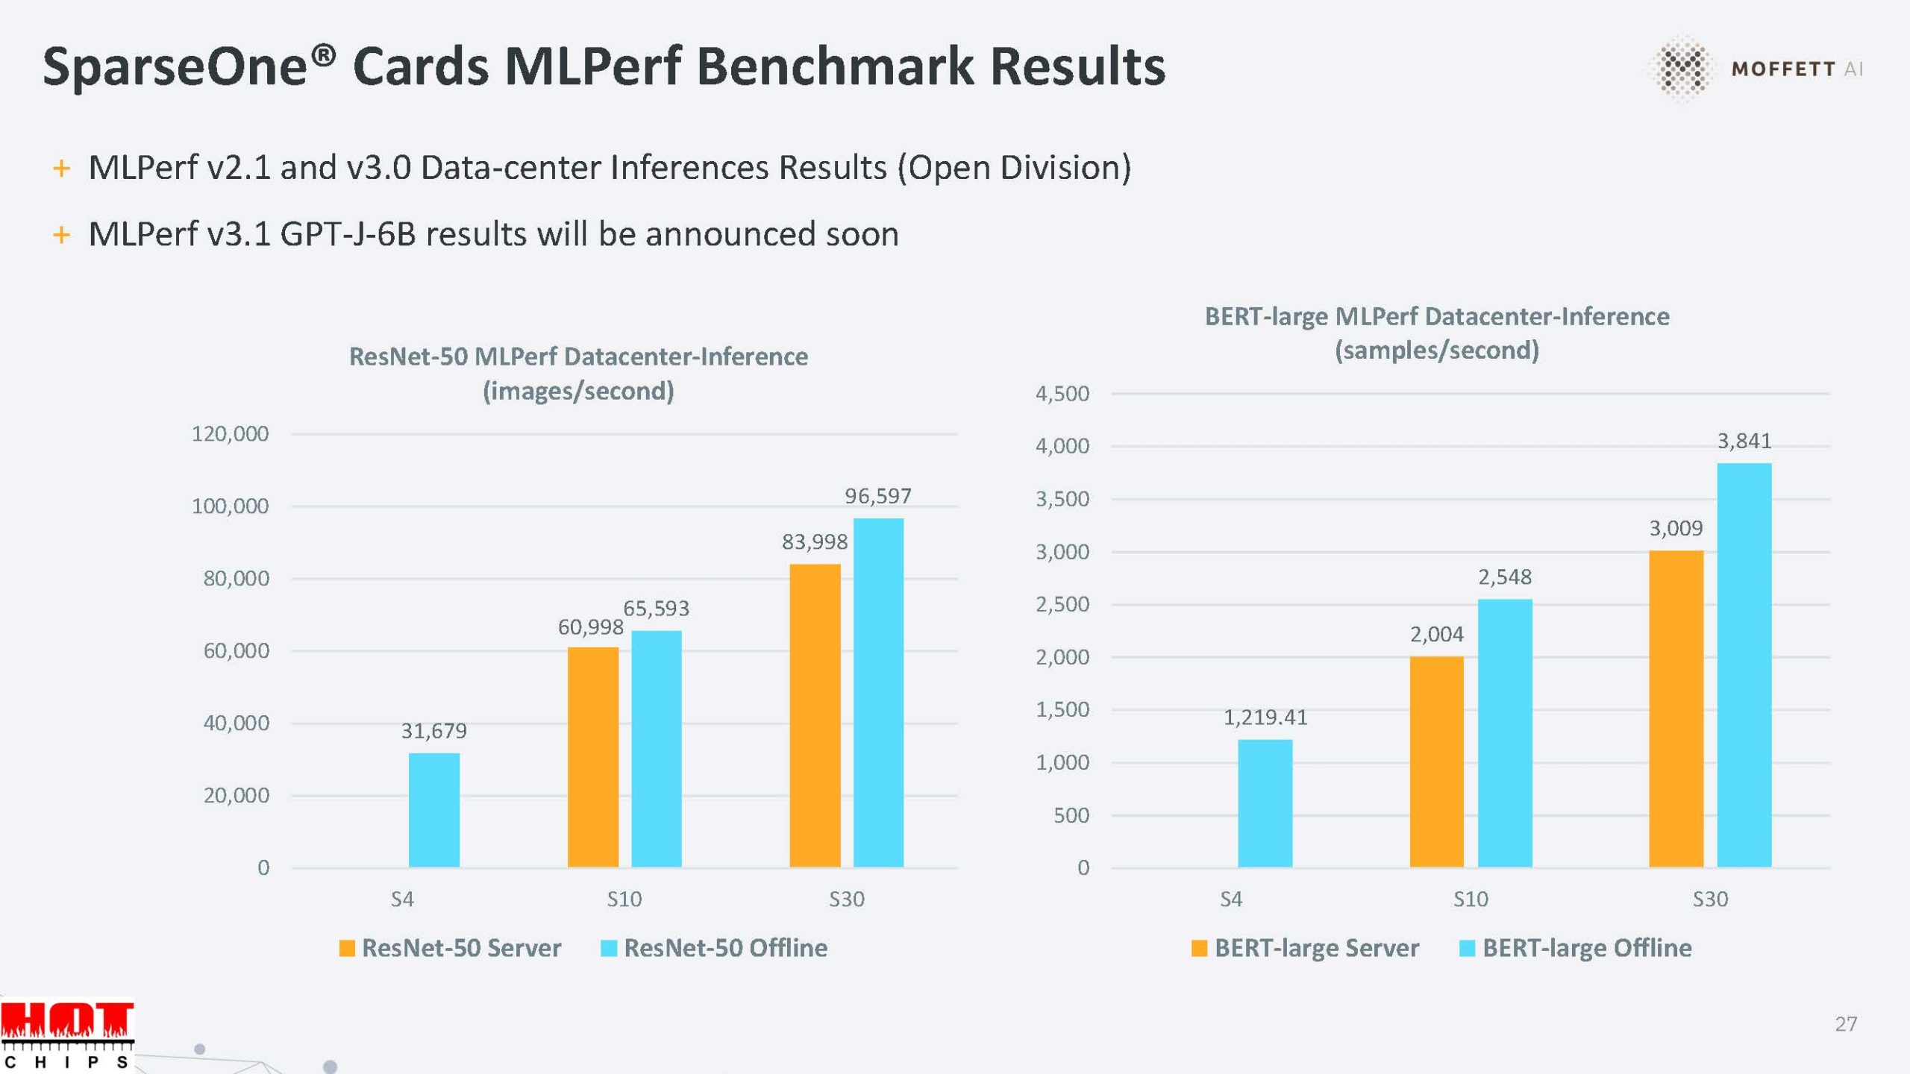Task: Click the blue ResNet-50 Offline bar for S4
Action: point(433,810)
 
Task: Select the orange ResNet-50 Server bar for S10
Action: point(592,757)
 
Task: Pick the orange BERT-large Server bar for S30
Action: point(1676,709)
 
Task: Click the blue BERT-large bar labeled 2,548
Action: point(1505,732)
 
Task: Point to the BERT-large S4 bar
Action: point(1265,803)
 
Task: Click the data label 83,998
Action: point(815,542)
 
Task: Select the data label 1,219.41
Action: point(1265,717)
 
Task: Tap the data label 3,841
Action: point(1744,442)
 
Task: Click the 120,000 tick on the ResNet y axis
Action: point(230,434)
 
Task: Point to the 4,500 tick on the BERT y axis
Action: point(1062,394)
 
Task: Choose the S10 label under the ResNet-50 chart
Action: point(624,899)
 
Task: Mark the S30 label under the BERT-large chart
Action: point(1709,899)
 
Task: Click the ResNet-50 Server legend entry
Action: point(451,948)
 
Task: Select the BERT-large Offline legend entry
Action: point(1576,948)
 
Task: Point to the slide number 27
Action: point(1846,1024)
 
